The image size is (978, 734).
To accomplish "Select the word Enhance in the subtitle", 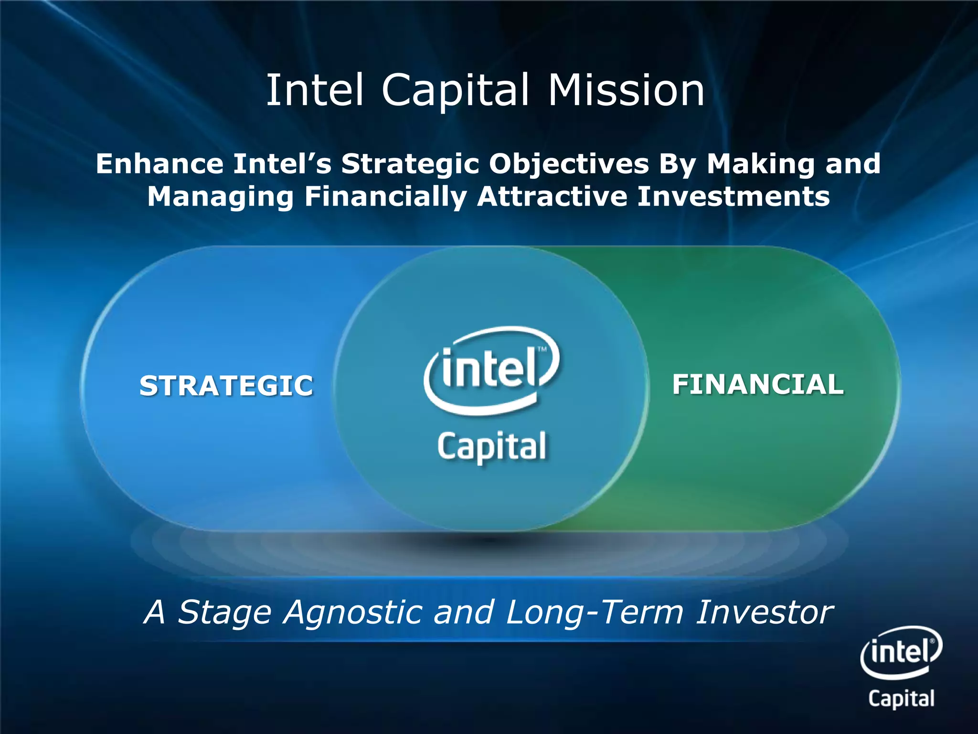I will tap(159, 164).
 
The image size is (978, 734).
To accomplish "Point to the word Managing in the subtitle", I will tap(220, 197).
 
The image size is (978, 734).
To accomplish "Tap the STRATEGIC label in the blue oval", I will tap(226, 385).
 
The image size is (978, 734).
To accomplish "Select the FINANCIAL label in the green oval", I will tap(758, 384).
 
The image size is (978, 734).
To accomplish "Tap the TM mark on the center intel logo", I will tap(542, 349).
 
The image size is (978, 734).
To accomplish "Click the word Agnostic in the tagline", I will tap(352, 613).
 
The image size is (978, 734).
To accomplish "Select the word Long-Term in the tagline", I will tap(594, 613).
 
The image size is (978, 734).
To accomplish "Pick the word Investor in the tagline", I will tap(764, 612).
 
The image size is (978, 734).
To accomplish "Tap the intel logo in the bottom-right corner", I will tap(901, 651).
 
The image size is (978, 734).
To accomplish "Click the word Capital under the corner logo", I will tap(901, 698).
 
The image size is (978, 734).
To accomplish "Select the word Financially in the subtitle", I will tap(385, 197).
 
